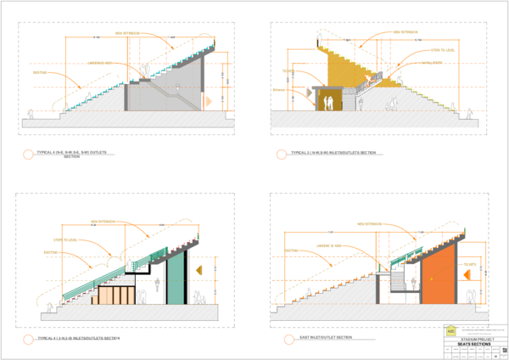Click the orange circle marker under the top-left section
29,155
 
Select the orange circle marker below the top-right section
280,155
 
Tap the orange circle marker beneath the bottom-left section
29,340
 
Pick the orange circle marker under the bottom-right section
288,340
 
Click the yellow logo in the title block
451,331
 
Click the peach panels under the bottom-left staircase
114,295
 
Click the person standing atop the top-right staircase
319,39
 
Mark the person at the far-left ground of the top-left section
31,113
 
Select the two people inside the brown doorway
327,103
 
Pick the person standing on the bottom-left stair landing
129,265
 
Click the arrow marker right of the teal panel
199,270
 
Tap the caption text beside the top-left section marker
71,154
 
